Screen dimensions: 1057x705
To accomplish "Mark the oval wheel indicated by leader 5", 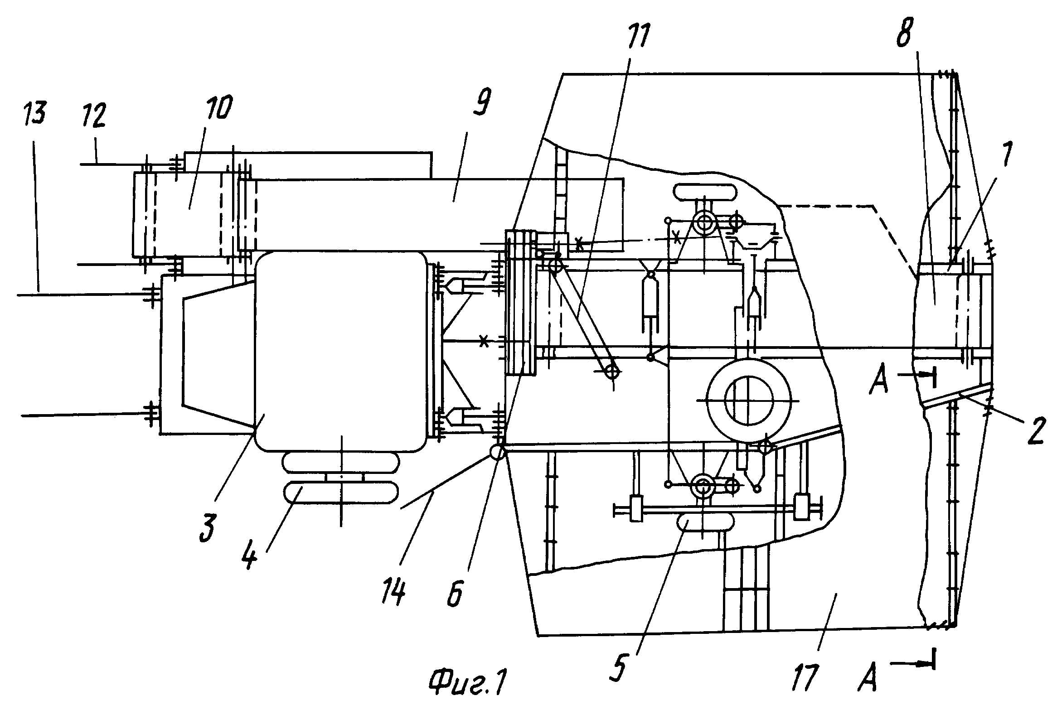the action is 704,522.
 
